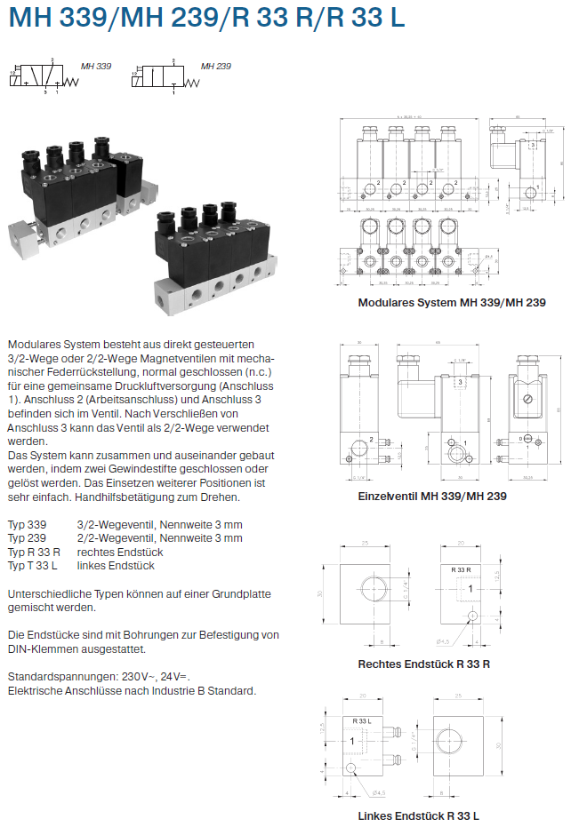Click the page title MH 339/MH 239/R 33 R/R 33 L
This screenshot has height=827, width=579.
(206, 19)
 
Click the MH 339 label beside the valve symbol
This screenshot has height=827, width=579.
(96, 66)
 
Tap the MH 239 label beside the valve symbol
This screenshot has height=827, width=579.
(216, 66)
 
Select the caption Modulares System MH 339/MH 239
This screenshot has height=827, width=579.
(451, 302)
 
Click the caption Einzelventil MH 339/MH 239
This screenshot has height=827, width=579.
(432, 496)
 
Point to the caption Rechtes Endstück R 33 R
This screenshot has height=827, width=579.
(424, 664)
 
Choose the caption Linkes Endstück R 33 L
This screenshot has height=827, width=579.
(418, 815)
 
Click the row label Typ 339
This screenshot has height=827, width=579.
(26, 525)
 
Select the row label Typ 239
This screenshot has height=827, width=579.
(26, 538)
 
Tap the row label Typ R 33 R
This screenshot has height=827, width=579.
(34, 552)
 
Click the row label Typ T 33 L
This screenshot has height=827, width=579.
(32, 565)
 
